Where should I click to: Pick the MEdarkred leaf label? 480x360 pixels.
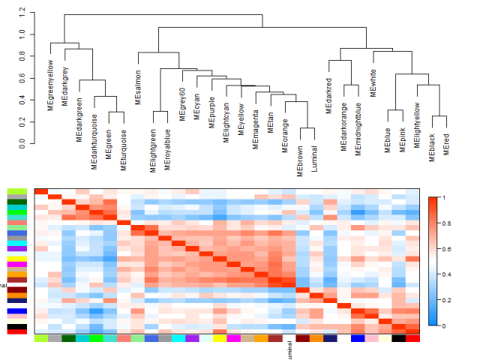(x=328, y=95)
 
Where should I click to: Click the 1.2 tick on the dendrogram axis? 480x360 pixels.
(x=22, y=13)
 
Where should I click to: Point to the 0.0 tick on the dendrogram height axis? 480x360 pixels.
(x=22, y=142)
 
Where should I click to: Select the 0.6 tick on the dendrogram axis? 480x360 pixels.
(x=22, y=77)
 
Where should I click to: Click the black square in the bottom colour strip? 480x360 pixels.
(x=399, y=339)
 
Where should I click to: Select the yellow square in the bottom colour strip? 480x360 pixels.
(x=219, y=339)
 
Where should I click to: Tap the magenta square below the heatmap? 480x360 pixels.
(x=233, y=339)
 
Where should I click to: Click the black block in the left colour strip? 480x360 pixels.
(x=16, y=327)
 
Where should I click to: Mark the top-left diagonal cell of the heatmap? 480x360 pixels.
(x=41, y=191)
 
